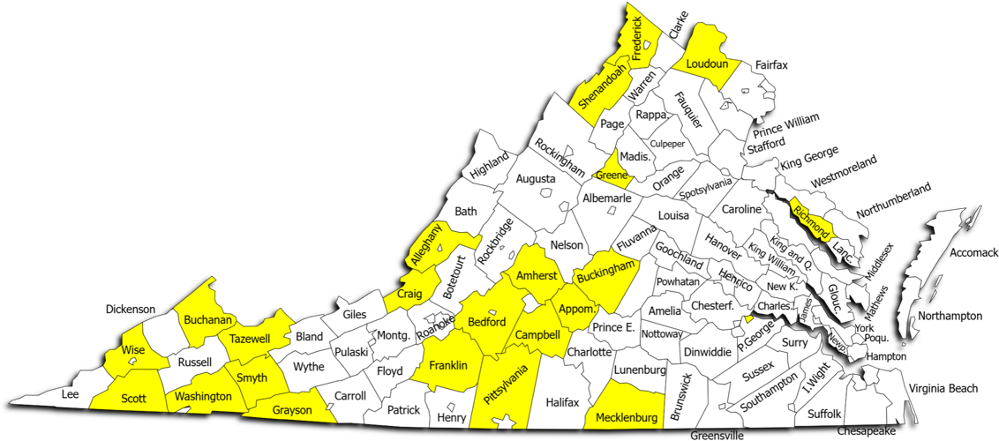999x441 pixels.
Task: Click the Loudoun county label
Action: (707, 64)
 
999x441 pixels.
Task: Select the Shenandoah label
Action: (603, 86)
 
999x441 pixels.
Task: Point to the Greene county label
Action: (612, 175)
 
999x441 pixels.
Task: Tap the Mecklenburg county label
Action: (627, 417)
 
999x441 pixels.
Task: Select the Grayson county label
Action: (291, 410)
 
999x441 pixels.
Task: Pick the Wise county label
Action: (133, 350)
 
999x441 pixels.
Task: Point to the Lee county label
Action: (71, 393)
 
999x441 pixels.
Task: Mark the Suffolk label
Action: (825, 413)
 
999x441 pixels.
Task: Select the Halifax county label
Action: (562, 402)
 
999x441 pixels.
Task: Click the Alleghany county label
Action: (425, 245)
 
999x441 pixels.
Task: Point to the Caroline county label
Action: (741, 209)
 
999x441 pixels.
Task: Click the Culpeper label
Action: (667, 144)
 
